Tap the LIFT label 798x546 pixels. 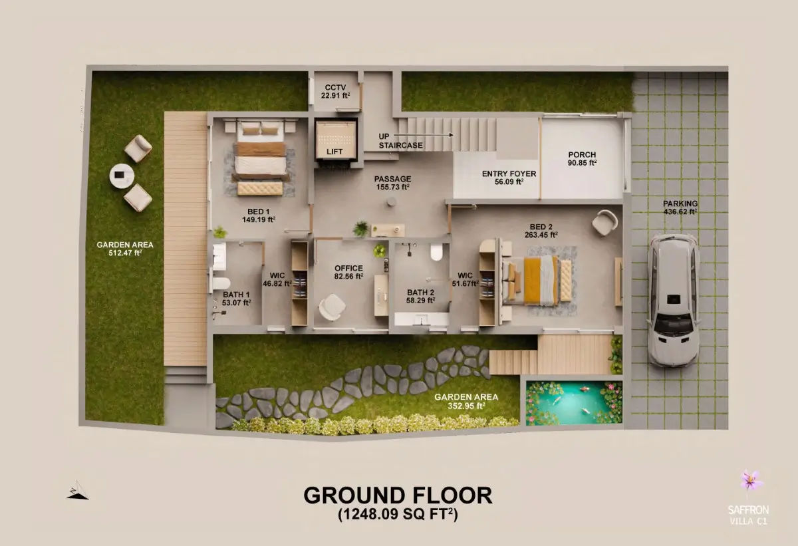click(x=334, y=152)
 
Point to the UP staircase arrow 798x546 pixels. click(x=424, y=135)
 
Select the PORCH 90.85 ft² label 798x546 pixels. click(x=582, y=158)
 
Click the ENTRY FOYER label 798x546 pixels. click(x=509, y=174)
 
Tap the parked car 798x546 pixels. click(x=672, y=300)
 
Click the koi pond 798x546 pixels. click(x=574, y=403)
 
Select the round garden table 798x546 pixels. click(x=122, y=176)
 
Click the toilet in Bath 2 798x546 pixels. click(x=436, y=252)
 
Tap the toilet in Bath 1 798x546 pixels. click(x=221, y=283)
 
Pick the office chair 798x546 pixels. click(x=332, y=307)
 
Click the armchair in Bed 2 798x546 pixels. click(x=604, y=222)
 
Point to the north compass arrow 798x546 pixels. click(x=78, y=490)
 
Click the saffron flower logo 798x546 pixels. click(x=751, y=480)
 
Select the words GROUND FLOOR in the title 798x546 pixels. click(x=398, y=495)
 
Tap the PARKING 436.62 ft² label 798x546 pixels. click(x=680, y=207)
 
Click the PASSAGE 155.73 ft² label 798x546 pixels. click(x=392, y=183)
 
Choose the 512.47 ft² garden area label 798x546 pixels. click(x=125, y=249)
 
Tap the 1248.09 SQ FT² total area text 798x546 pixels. click(x=398, y=514)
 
